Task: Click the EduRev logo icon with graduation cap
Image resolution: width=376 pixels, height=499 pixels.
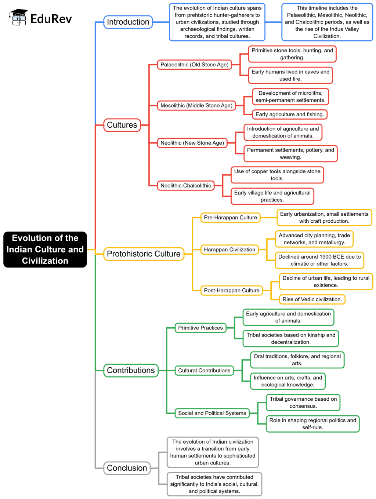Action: [x=18, y=18]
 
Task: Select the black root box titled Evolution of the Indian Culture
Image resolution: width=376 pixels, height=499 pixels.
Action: [x=45, y=249]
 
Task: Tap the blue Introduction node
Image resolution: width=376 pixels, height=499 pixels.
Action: [x=128, y=22]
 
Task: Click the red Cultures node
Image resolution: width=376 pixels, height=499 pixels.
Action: [x=122, y=125]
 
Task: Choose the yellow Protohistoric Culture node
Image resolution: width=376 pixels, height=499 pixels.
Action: [x=144, y=254]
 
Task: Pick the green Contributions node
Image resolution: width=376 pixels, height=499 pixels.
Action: [x=131, y=371]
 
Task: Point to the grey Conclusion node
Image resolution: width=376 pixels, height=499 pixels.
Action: [x=127, y=468]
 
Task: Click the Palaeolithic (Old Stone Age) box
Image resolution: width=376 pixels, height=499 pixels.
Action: [x=194, y=65]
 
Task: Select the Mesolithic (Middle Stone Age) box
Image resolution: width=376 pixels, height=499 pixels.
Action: [x=196, y=106]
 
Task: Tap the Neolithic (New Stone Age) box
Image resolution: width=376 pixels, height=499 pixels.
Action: [x=192, y=143]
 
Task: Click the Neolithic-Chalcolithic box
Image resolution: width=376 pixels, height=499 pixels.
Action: [x=185, y=186]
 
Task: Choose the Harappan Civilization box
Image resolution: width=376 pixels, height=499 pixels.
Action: [x=229, y=250]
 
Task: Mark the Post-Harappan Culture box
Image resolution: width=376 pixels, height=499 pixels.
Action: [x=231, y=291]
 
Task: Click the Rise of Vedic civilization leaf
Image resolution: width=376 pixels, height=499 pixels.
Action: [x=312, y=299]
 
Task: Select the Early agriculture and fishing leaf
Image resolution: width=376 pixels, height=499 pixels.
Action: [x=289, y=114]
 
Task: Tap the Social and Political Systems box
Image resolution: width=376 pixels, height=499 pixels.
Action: [x=212, y=413]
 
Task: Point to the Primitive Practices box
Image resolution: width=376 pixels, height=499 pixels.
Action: [x=200, y=328]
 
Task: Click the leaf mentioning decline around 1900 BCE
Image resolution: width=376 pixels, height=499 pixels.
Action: [x=319, y=260]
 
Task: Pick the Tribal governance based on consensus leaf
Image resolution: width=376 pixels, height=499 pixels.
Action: [x=303, y=403]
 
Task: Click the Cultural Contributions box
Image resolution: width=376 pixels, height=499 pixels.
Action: [x=204, y=371]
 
